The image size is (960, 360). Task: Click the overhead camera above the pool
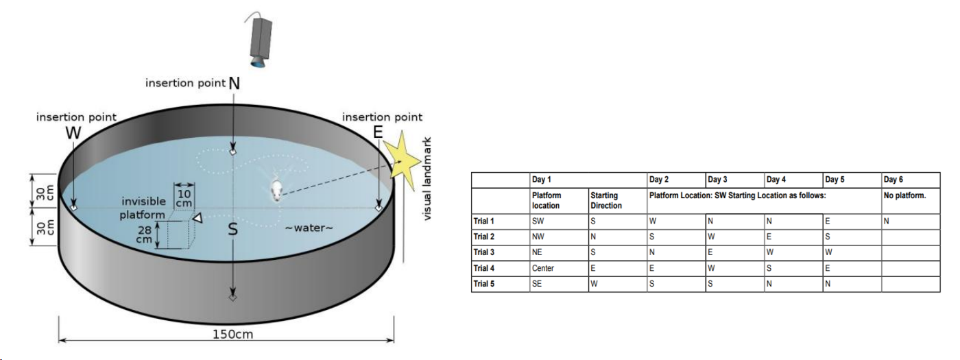260,40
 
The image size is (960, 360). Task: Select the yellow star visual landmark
403,160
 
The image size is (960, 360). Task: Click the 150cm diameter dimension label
232,335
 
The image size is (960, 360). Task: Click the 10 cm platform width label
184,199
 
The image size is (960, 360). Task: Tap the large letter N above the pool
234,83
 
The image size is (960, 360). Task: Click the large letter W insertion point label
73,133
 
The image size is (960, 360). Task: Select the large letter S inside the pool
232,229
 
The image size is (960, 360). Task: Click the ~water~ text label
309,228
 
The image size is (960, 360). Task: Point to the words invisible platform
143,208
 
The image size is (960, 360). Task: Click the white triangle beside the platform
197,218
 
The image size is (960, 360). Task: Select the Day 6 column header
893,180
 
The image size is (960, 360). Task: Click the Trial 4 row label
483,268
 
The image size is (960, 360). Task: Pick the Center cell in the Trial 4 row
542,268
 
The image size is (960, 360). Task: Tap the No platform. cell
904,195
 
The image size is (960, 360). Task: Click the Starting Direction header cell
606,200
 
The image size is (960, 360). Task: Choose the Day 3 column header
717,180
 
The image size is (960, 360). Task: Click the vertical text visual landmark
427,179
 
